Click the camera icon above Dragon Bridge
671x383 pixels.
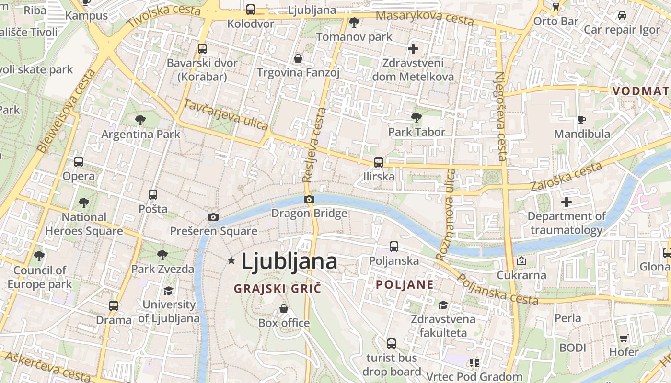click(x=309, y=199)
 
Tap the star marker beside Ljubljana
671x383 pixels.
click(x=231, y=260)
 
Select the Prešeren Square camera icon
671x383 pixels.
click(x=213, y=217)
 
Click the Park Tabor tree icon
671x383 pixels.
click(x=416, y=117)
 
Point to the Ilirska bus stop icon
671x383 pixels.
click(x=379, y=162)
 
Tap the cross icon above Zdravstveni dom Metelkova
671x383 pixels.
click(x=413, y=48)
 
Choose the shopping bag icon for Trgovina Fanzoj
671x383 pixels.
click(x=298, y=58)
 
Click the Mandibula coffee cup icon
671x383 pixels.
click(x=582, y=120)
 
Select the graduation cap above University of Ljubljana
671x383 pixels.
click(x=168, y=291)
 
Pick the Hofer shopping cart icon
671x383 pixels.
click(x=624, y=338)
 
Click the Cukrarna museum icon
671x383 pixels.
click(x=521, y=261)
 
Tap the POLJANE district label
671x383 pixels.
click(x=405, y=285)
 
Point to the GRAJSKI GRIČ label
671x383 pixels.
click(x=277, y=289)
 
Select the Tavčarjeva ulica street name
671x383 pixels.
click(x=226, y=114)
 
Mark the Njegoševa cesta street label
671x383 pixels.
click(x=501, y=116)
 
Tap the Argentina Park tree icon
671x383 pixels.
click(x=140, y=120)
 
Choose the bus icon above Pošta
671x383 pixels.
click(x=153, y=195)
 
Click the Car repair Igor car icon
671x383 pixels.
click(x=622, y=15)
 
